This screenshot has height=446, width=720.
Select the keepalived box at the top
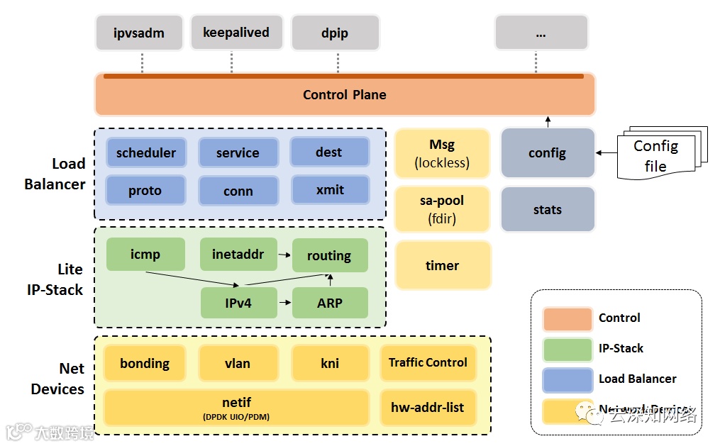[x=236, y=33]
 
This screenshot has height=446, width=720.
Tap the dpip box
[x=335, y=33]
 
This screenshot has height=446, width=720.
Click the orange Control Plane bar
[x=345, y=95]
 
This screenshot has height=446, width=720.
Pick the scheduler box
[x=146, y=152]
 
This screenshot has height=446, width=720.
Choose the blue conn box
[x=238, y=191]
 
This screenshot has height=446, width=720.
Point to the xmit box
[x=330, y=190]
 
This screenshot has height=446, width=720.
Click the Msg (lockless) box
[x=442, y=153]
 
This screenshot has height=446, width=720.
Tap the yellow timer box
[x=443, y=265]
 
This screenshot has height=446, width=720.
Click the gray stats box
[x=547, y=210]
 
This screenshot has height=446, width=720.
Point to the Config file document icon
[x=658, y=155]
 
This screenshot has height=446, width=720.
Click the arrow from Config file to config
[x=605, y=152]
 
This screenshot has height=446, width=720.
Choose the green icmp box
[x=145, y=254]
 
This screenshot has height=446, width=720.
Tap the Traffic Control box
[x=428, y=362]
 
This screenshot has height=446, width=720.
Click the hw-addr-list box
[x=428, y=407]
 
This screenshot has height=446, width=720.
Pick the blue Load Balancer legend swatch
[x=567, y=379]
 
